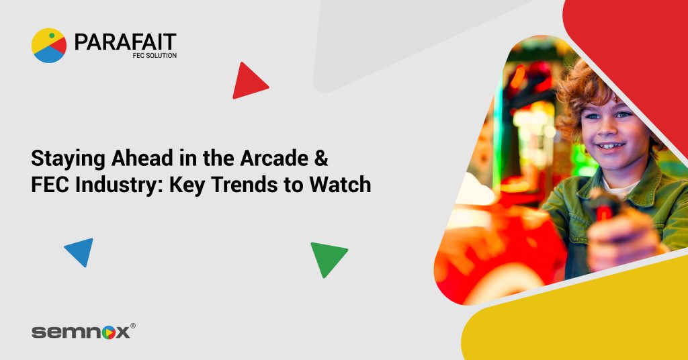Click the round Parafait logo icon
(x=49, y=45)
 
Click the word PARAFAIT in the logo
(x=125, y=42)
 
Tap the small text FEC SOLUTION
(x=155, y=56)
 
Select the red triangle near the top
(x=249, y=81)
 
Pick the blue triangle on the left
(x=81, y=251)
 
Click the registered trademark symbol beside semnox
(x=132, y=326)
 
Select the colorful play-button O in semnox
(x=110, y=332)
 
